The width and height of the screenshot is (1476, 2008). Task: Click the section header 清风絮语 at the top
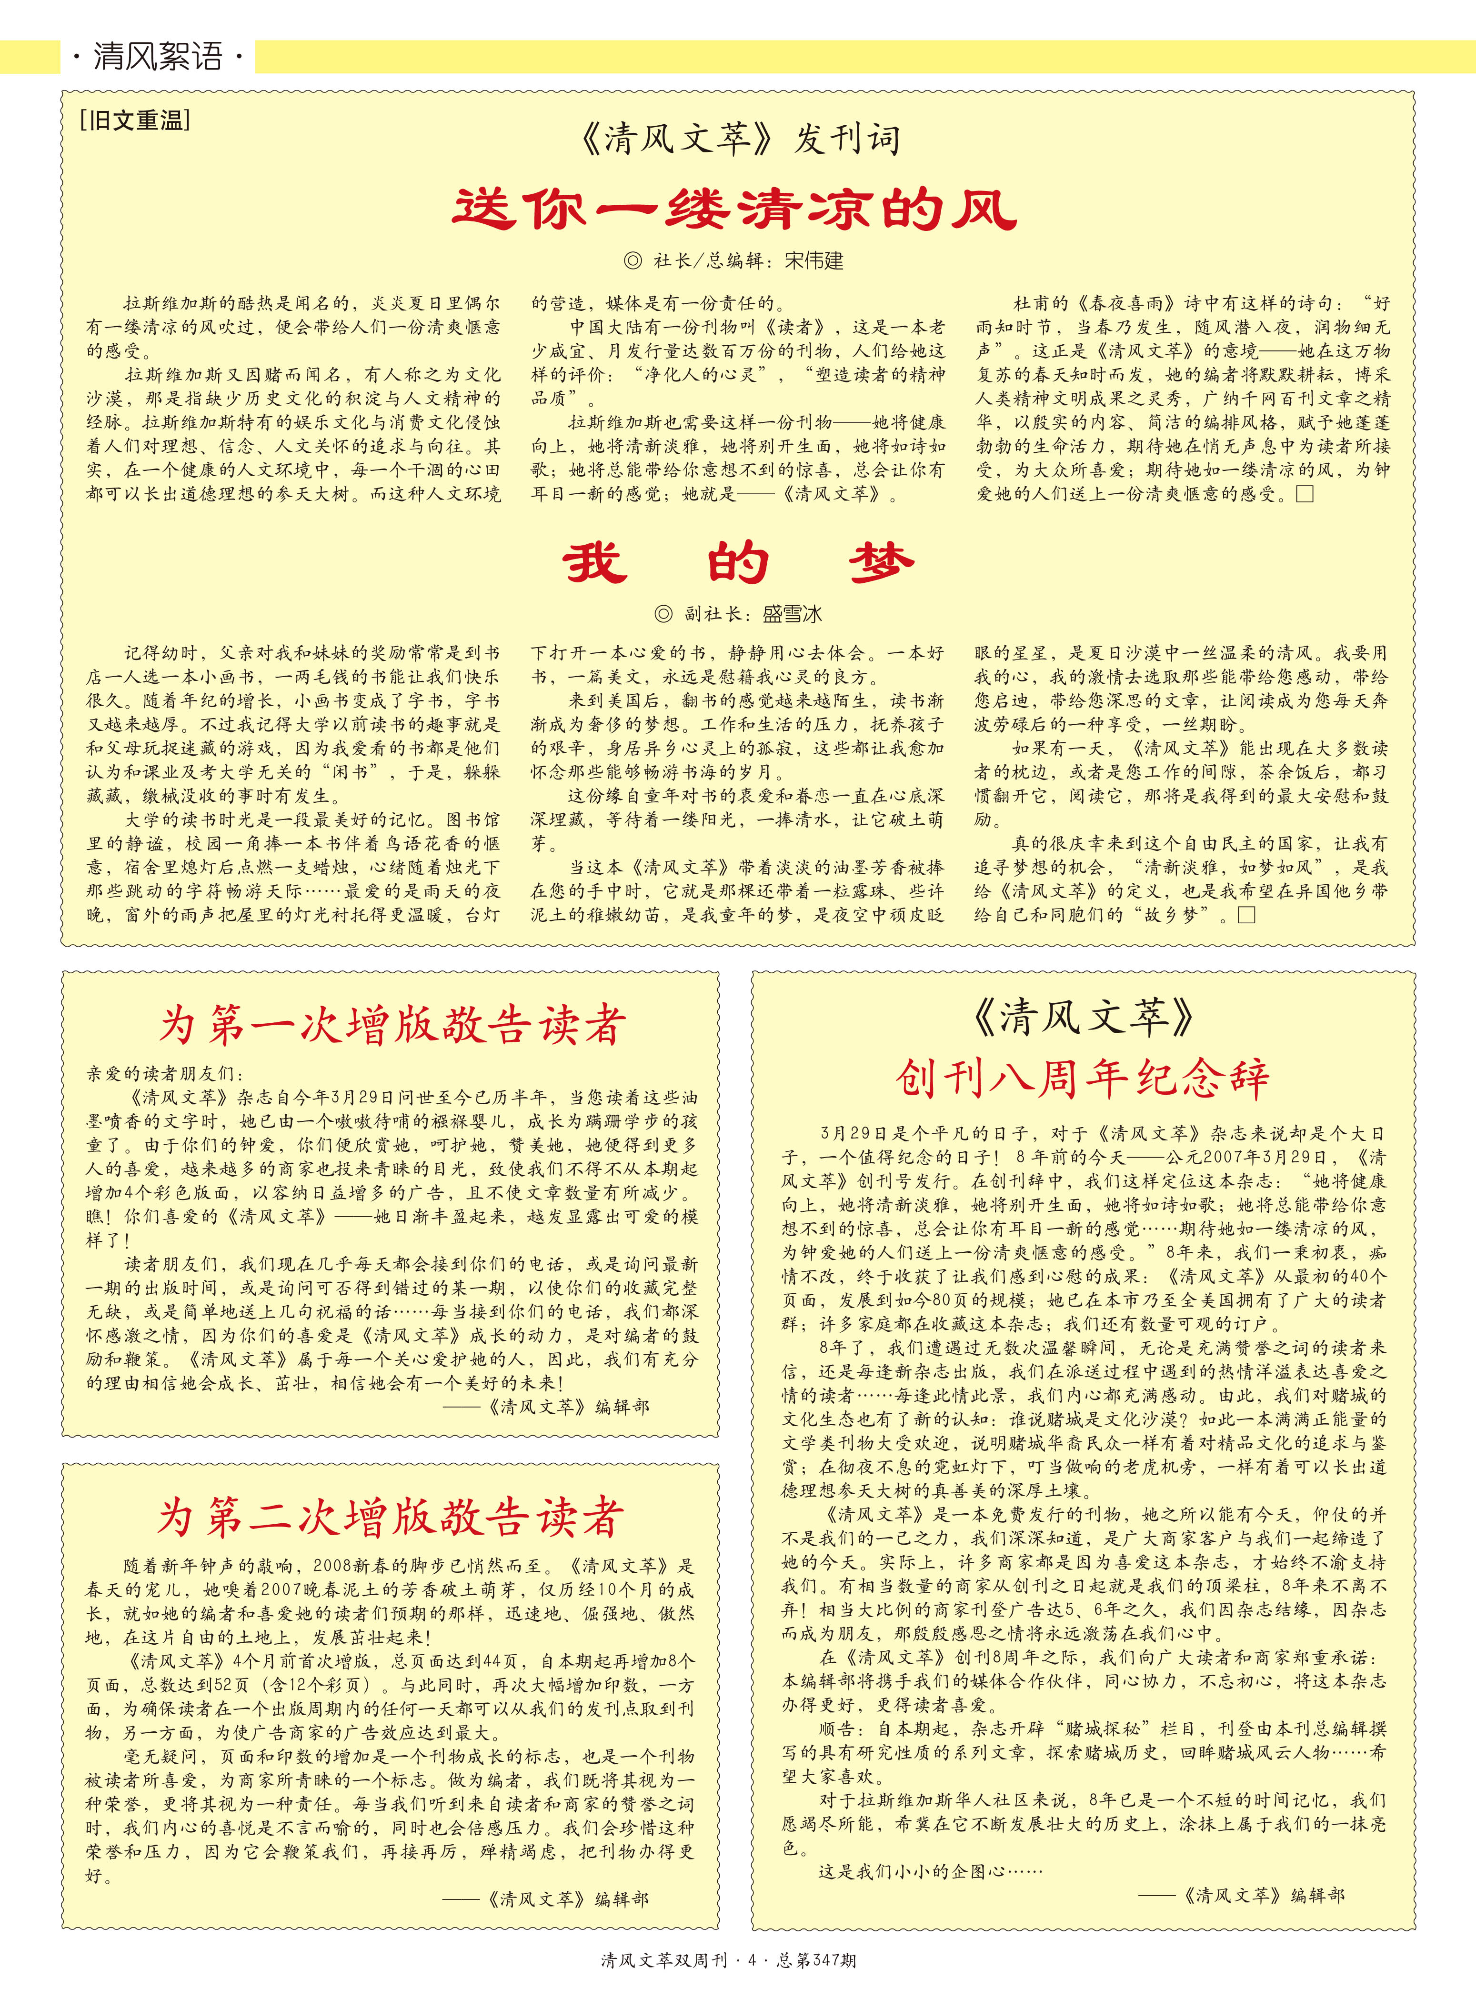click(x=157, y=57)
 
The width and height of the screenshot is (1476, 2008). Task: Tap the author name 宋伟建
click(x=813, y=261)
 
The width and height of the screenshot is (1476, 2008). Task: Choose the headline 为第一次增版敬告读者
click(x=392, y=1025)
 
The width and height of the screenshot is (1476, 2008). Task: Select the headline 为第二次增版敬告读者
click(x=390, y=1517)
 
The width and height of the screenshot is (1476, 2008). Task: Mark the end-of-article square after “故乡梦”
click(x=1246, y=915)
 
